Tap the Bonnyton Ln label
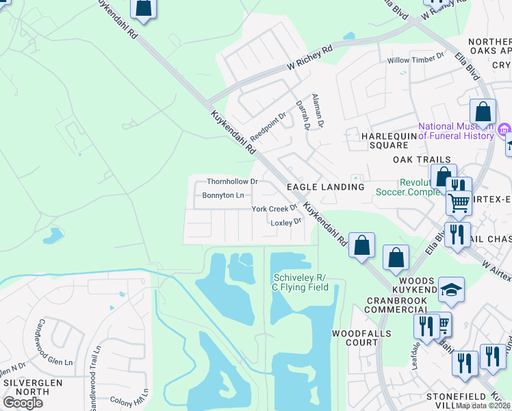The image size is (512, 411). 222,195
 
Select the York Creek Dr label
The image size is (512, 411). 274,208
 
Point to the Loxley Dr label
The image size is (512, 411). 286,222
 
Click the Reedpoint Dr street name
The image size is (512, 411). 267,125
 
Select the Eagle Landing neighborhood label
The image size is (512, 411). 325,186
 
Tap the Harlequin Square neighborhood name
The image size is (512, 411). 389,140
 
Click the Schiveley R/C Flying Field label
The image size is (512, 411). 301,282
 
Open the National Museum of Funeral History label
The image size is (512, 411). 456,131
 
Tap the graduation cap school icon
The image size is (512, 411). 452,290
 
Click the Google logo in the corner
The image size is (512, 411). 23,403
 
